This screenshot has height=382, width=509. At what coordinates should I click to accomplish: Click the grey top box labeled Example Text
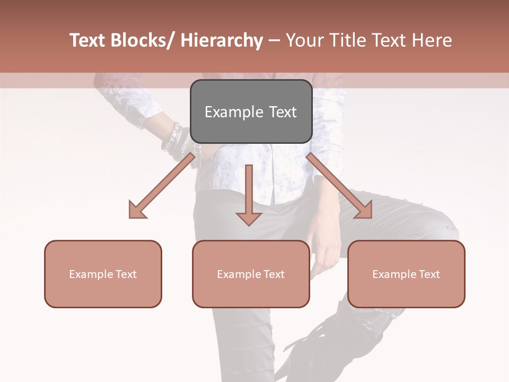point(251,111)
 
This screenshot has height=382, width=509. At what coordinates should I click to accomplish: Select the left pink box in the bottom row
point(103,274)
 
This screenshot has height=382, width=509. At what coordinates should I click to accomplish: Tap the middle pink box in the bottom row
point(251,274)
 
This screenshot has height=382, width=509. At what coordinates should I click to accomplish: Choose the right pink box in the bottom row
point(406,274)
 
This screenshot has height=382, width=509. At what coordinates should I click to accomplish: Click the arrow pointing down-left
point(164,184)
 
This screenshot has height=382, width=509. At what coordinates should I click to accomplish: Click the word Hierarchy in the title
point(221,40)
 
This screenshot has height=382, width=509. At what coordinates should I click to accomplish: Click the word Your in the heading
point(304,40)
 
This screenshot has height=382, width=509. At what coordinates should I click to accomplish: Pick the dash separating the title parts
point(274,41)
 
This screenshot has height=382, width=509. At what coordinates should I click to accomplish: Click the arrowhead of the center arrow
point(249,218)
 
